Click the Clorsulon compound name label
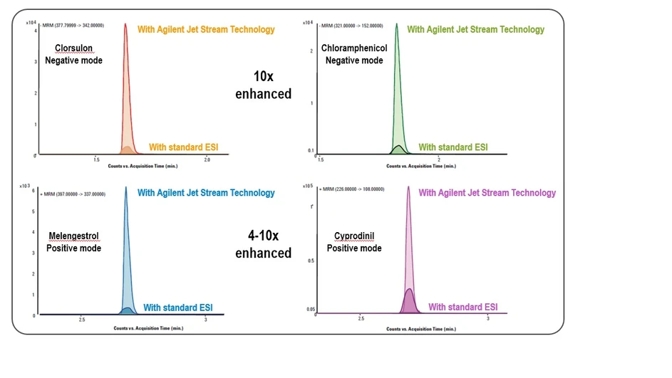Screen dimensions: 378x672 [x=73, y=49]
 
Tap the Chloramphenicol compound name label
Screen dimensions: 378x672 [x=354, y=48]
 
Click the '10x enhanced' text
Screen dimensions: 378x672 [x=263, y=85]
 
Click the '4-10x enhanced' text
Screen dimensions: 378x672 [x=263, y=243]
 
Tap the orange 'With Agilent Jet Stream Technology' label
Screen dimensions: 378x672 [x=206, y=30]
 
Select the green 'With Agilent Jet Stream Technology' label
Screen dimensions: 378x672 [x=475, y=30]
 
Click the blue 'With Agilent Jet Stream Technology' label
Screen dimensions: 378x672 [x=206, y=193]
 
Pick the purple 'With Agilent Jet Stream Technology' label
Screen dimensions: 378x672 [x=487, y=193]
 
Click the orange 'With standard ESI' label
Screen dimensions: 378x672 [x=183, y=147]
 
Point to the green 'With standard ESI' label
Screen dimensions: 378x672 [x=453, y=147]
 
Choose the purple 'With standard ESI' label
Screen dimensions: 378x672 [x=462, y=308]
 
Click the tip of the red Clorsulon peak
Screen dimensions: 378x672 [x=125, y=24]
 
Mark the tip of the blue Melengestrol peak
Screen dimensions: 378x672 [x=125, y=188]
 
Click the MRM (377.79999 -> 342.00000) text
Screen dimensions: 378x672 [x=72, y=26]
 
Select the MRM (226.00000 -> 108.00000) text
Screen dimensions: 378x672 [x=355, y=189]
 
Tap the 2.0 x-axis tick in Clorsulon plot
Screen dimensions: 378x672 [x=207, y=161]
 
